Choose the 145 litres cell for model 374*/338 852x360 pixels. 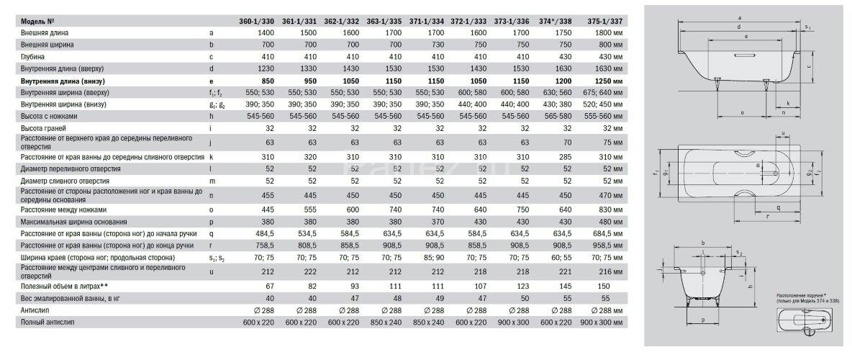coord(566,286)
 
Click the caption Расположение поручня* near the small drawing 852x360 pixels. coord(799,295)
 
